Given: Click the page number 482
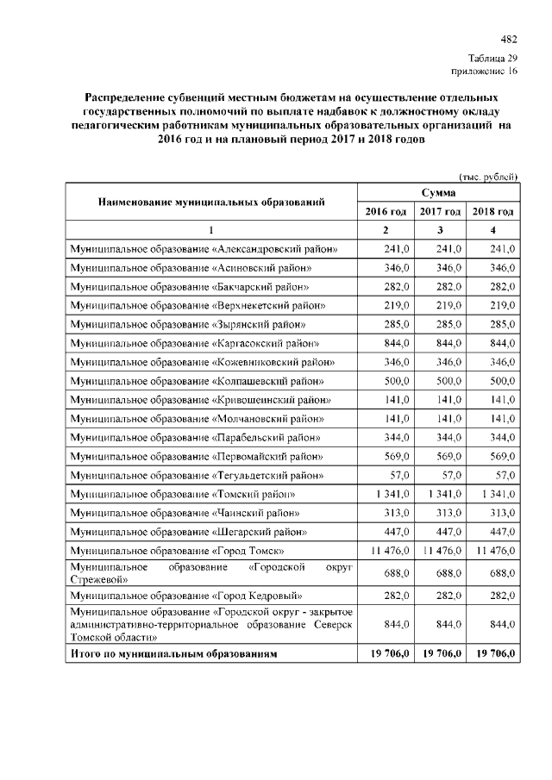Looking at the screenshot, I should click(509, 39).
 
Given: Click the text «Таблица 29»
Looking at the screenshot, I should click(493, 57).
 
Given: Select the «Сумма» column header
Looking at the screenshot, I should click(439, 194).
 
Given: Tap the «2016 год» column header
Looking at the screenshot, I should click(386, 212).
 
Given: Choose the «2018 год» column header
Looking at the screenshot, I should click(493, 212).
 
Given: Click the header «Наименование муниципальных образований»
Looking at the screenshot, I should click(211, 203).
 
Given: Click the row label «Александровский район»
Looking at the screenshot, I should click(204, 249).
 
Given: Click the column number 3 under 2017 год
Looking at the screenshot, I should click(440, 230).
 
